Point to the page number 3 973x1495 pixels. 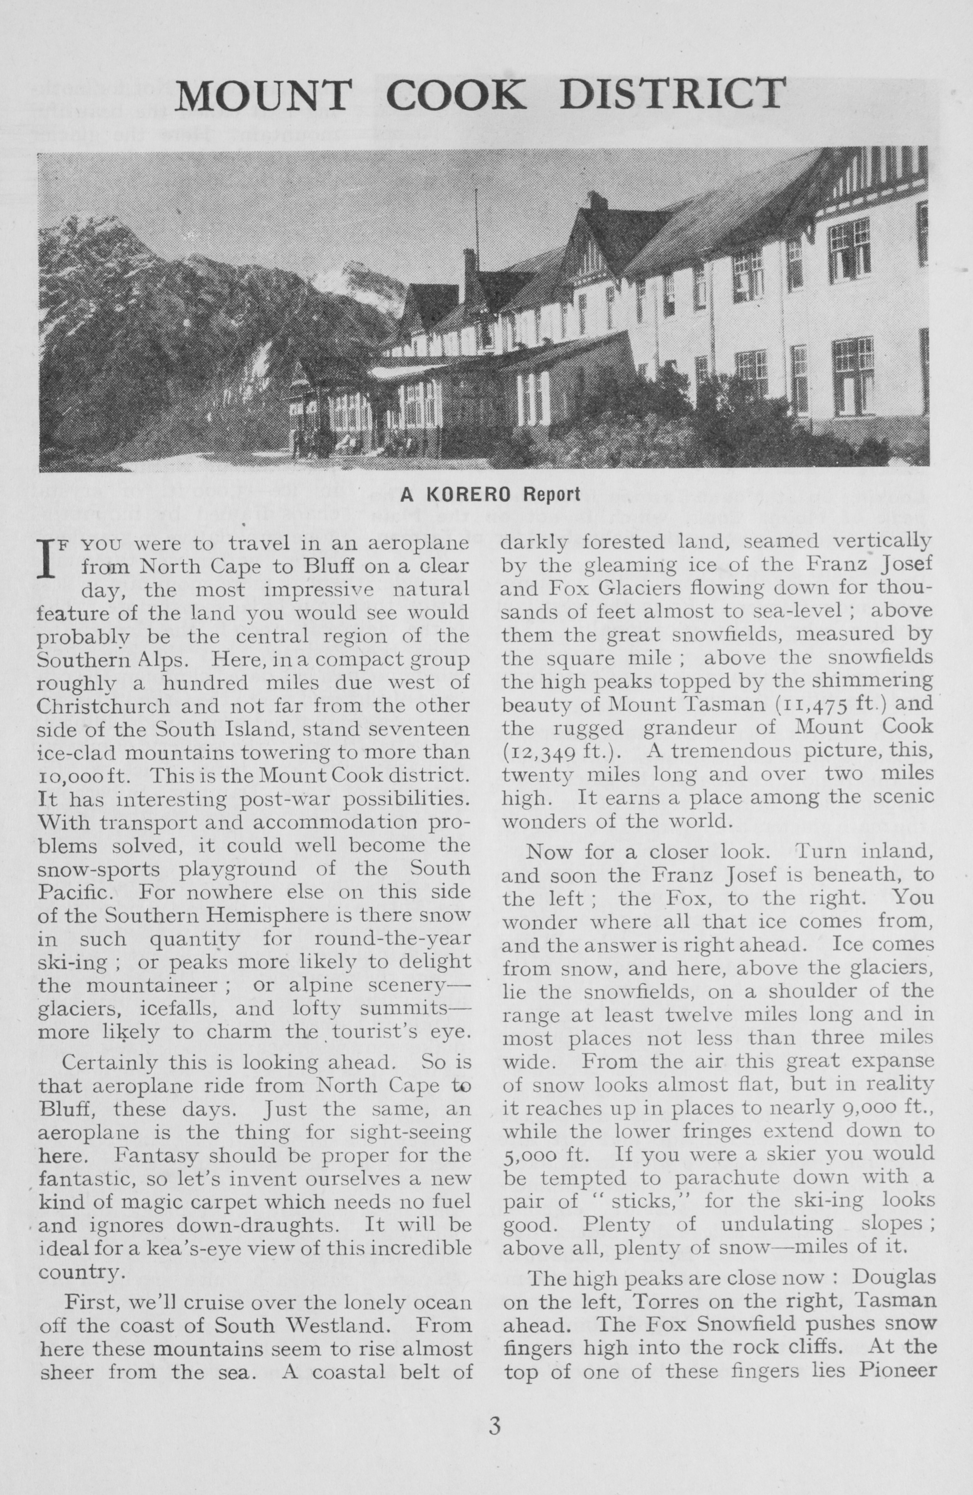(x=495, y=1440)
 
